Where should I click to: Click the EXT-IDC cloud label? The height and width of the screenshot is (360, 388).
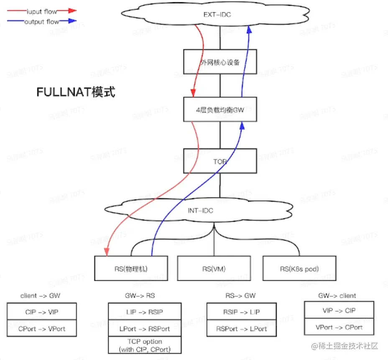click(x=217, y=15)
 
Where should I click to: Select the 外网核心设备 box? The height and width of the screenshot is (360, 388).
click(x=220, y=62)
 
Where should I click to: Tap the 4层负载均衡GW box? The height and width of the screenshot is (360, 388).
click(x=220, y=110)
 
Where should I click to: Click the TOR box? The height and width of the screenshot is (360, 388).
click(x=220, y=161)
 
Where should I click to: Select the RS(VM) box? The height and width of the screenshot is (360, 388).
click(x=214, y=269)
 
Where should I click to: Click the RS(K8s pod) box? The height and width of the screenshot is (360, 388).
click(x=299, y=269)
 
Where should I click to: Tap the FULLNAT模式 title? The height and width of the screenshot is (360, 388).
click(x=75, y=93)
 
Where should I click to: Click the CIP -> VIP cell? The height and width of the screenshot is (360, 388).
click(x=42, y=312)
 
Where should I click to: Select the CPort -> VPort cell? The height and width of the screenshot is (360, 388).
click(x=42, y=329)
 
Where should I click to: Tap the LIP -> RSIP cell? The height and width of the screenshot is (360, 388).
click(x=145, y=312)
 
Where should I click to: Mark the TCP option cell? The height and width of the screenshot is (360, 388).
click(x=145, y=345)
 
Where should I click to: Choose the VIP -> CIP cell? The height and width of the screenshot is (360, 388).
click(x=339, y=311)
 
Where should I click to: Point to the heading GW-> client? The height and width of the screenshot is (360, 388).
click(x=337, y=296)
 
